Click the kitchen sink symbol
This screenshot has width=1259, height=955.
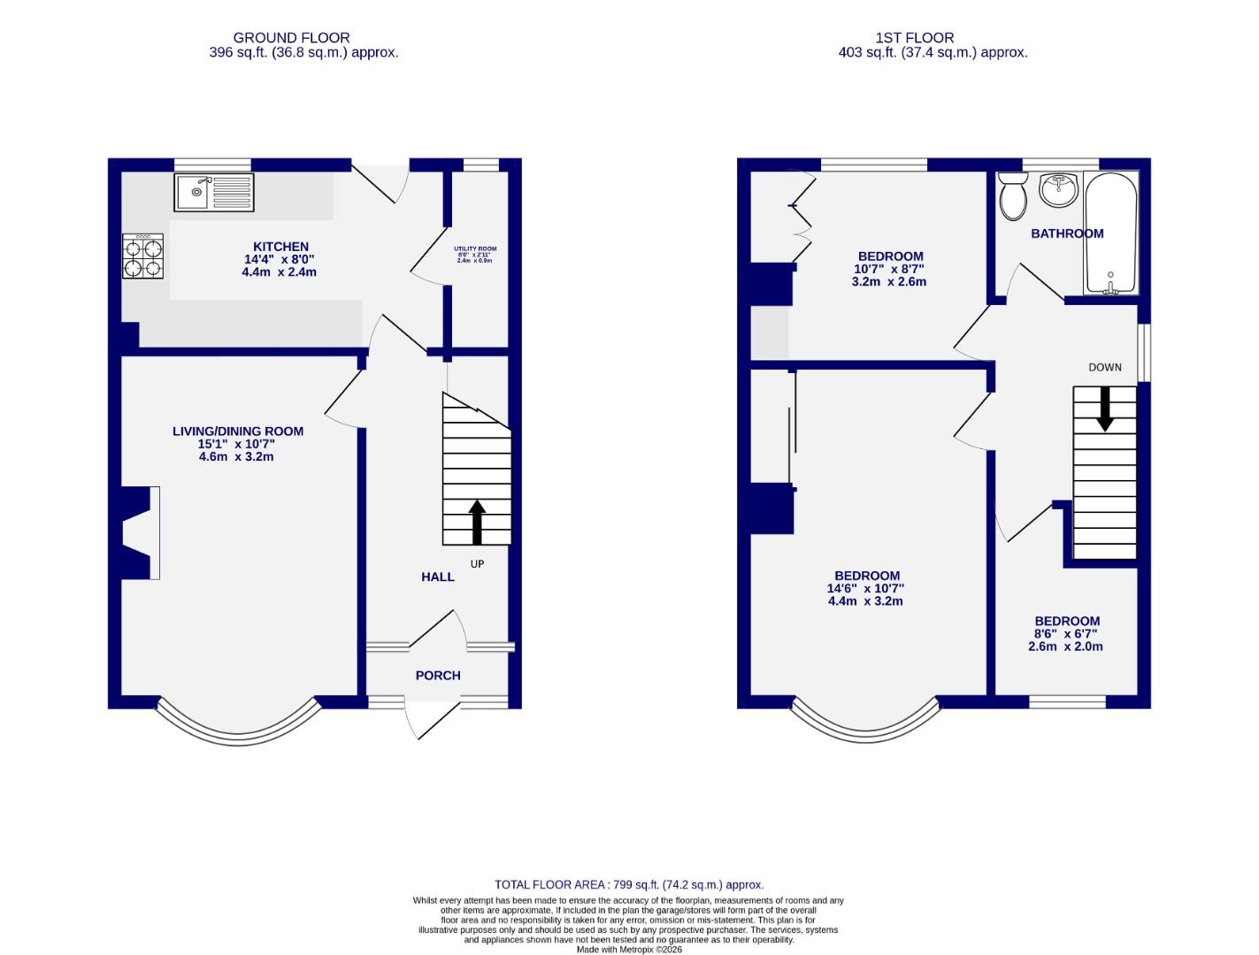pos(214,192)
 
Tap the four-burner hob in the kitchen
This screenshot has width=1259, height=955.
pos(142,256)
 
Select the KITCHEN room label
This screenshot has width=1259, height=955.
pos(280,247)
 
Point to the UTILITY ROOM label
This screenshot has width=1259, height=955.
pos(475,250)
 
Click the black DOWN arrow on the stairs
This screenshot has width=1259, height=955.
pos(1104,409)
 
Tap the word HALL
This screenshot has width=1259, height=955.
pos(437,577)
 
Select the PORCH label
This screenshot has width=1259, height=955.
pos(438,676)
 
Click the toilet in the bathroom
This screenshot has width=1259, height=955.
pos(1012,196)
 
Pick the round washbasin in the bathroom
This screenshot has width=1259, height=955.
pos(1058,189)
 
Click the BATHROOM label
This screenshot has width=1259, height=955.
pos(1067,233)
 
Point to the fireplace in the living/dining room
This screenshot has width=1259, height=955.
pos(140,532)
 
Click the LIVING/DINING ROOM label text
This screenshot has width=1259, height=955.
pos(237,432)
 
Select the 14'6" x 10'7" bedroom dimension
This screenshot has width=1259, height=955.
pos(865,588)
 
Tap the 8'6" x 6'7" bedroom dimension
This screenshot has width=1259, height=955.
pos(1067,634)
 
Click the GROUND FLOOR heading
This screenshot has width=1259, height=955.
pos(291,38)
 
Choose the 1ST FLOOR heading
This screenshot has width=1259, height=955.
pos(914,38)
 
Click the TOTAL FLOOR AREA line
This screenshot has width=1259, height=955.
pos(628,884)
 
